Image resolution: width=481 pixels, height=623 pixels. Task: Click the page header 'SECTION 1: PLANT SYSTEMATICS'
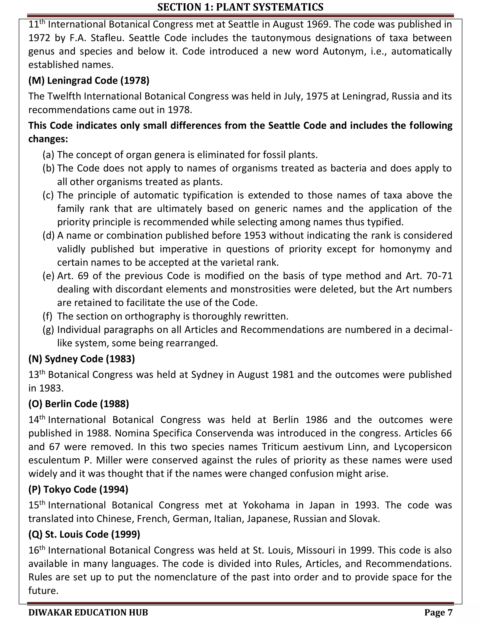(240, 7)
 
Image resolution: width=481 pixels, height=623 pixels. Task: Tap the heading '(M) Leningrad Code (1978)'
(89, 81)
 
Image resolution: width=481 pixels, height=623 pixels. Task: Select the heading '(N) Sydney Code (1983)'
(81, 359)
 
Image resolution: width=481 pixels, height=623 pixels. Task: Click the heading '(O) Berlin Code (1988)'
(79, 404)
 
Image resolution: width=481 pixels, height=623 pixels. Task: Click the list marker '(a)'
(48, 155)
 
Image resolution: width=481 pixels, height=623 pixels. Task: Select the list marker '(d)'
(48, 236)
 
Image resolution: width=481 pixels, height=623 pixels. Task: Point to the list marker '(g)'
(48, 330)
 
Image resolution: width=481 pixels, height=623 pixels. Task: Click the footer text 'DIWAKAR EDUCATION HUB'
(88, 612)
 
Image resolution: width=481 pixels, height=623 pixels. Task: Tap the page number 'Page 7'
(438, 612)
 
